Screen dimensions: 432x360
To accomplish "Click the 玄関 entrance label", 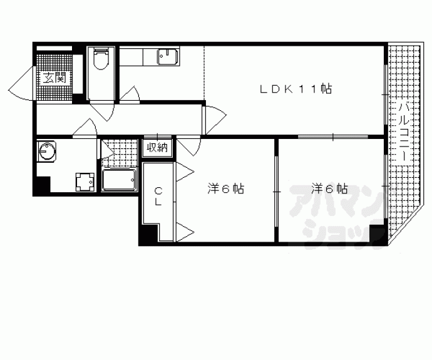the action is point(55,78).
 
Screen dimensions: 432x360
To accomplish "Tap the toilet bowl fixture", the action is point(101,58).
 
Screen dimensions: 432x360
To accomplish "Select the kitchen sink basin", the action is point(168,57).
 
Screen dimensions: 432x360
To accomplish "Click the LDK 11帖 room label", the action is point(296,89).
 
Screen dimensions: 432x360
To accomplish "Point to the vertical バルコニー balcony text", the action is point(404,131).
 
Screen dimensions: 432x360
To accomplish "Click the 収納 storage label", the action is point(157,148).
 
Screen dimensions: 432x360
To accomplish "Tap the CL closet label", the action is point(158,197).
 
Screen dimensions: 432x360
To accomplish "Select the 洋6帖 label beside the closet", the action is point(225,189).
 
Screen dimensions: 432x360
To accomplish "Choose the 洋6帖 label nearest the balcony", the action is point(329,189).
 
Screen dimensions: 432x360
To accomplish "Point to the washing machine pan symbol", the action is point(85,182).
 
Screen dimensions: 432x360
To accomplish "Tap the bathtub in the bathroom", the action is point(119,180).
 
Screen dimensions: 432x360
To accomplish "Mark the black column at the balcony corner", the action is point(376,234).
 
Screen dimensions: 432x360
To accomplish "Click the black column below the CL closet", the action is point(148,234).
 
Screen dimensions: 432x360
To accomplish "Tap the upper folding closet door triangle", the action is point(185,172).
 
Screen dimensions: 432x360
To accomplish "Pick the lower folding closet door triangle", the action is point(185,232).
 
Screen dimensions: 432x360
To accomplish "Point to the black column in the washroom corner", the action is point(42,185).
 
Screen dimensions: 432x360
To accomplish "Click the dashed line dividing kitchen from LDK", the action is point(204,73).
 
